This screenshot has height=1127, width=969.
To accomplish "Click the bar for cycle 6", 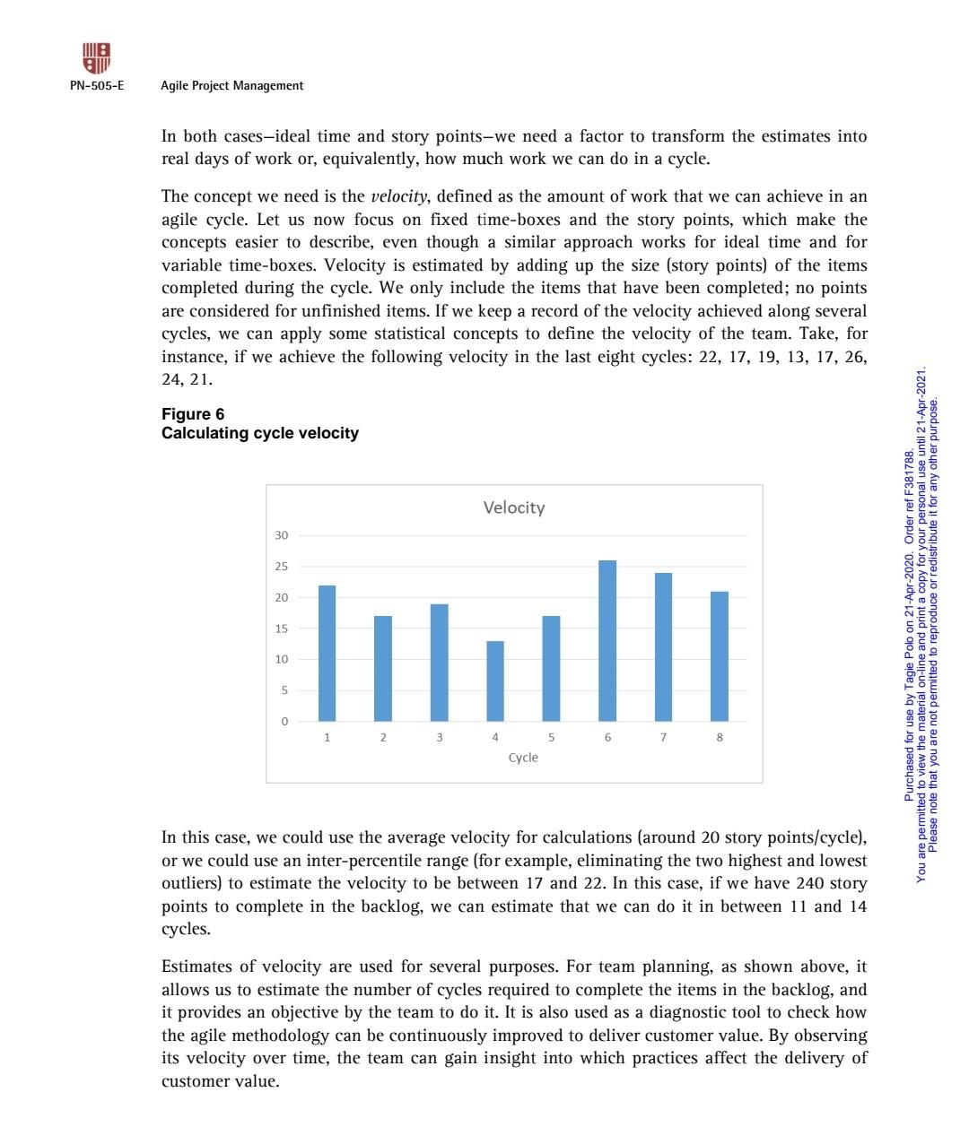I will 607,640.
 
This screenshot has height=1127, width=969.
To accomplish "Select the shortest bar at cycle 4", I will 495,681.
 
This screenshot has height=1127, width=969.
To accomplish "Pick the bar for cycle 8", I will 720,656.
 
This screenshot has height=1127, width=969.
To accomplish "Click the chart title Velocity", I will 513,507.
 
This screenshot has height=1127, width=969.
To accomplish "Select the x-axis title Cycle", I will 523,758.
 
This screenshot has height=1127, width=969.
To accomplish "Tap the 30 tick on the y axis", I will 282,535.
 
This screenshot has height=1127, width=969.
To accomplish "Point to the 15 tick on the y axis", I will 282,629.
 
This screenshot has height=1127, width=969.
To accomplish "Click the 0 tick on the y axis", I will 284,721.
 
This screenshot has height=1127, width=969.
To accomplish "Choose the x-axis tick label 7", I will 663,738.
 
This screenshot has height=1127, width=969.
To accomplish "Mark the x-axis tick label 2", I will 383,738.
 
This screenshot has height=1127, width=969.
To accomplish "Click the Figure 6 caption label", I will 193,414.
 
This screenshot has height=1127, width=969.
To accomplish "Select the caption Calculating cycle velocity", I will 260,434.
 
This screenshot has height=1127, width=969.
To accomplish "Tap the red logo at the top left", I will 97,59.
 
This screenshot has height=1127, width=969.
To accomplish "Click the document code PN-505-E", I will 97,86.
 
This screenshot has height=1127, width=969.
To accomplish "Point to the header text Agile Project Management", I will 231,86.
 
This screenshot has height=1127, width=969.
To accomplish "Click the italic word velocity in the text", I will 393,197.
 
